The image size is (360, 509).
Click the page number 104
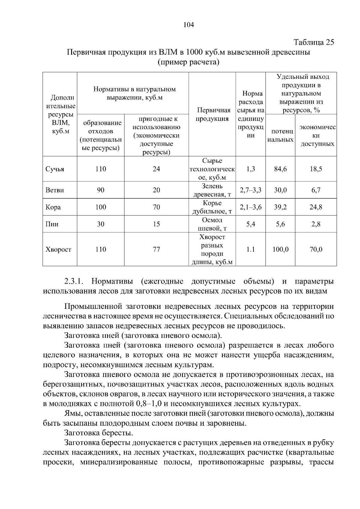189,25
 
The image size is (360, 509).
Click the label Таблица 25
313,42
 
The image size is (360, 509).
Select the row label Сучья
55,169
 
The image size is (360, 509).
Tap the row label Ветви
55,190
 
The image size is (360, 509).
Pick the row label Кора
53,207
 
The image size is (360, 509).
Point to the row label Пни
52,224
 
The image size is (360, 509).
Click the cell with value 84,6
280,169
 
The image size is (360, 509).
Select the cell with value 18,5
316,169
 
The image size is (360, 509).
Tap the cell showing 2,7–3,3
250,190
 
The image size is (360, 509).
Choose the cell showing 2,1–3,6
250,207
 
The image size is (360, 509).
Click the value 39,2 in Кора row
280,207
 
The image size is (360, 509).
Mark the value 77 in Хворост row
156,249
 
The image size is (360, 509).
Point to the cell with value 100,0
280,249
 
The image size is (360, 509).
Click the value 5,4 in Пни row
250,224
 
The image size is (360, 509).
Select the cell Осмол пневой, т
212,224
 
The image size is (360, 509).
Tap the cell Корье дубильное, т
212,207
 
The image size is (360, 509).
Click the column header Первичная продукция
212,114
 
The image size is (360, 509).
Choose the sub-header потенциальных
280,135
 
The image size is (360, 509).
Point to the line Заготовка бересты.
99,433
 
